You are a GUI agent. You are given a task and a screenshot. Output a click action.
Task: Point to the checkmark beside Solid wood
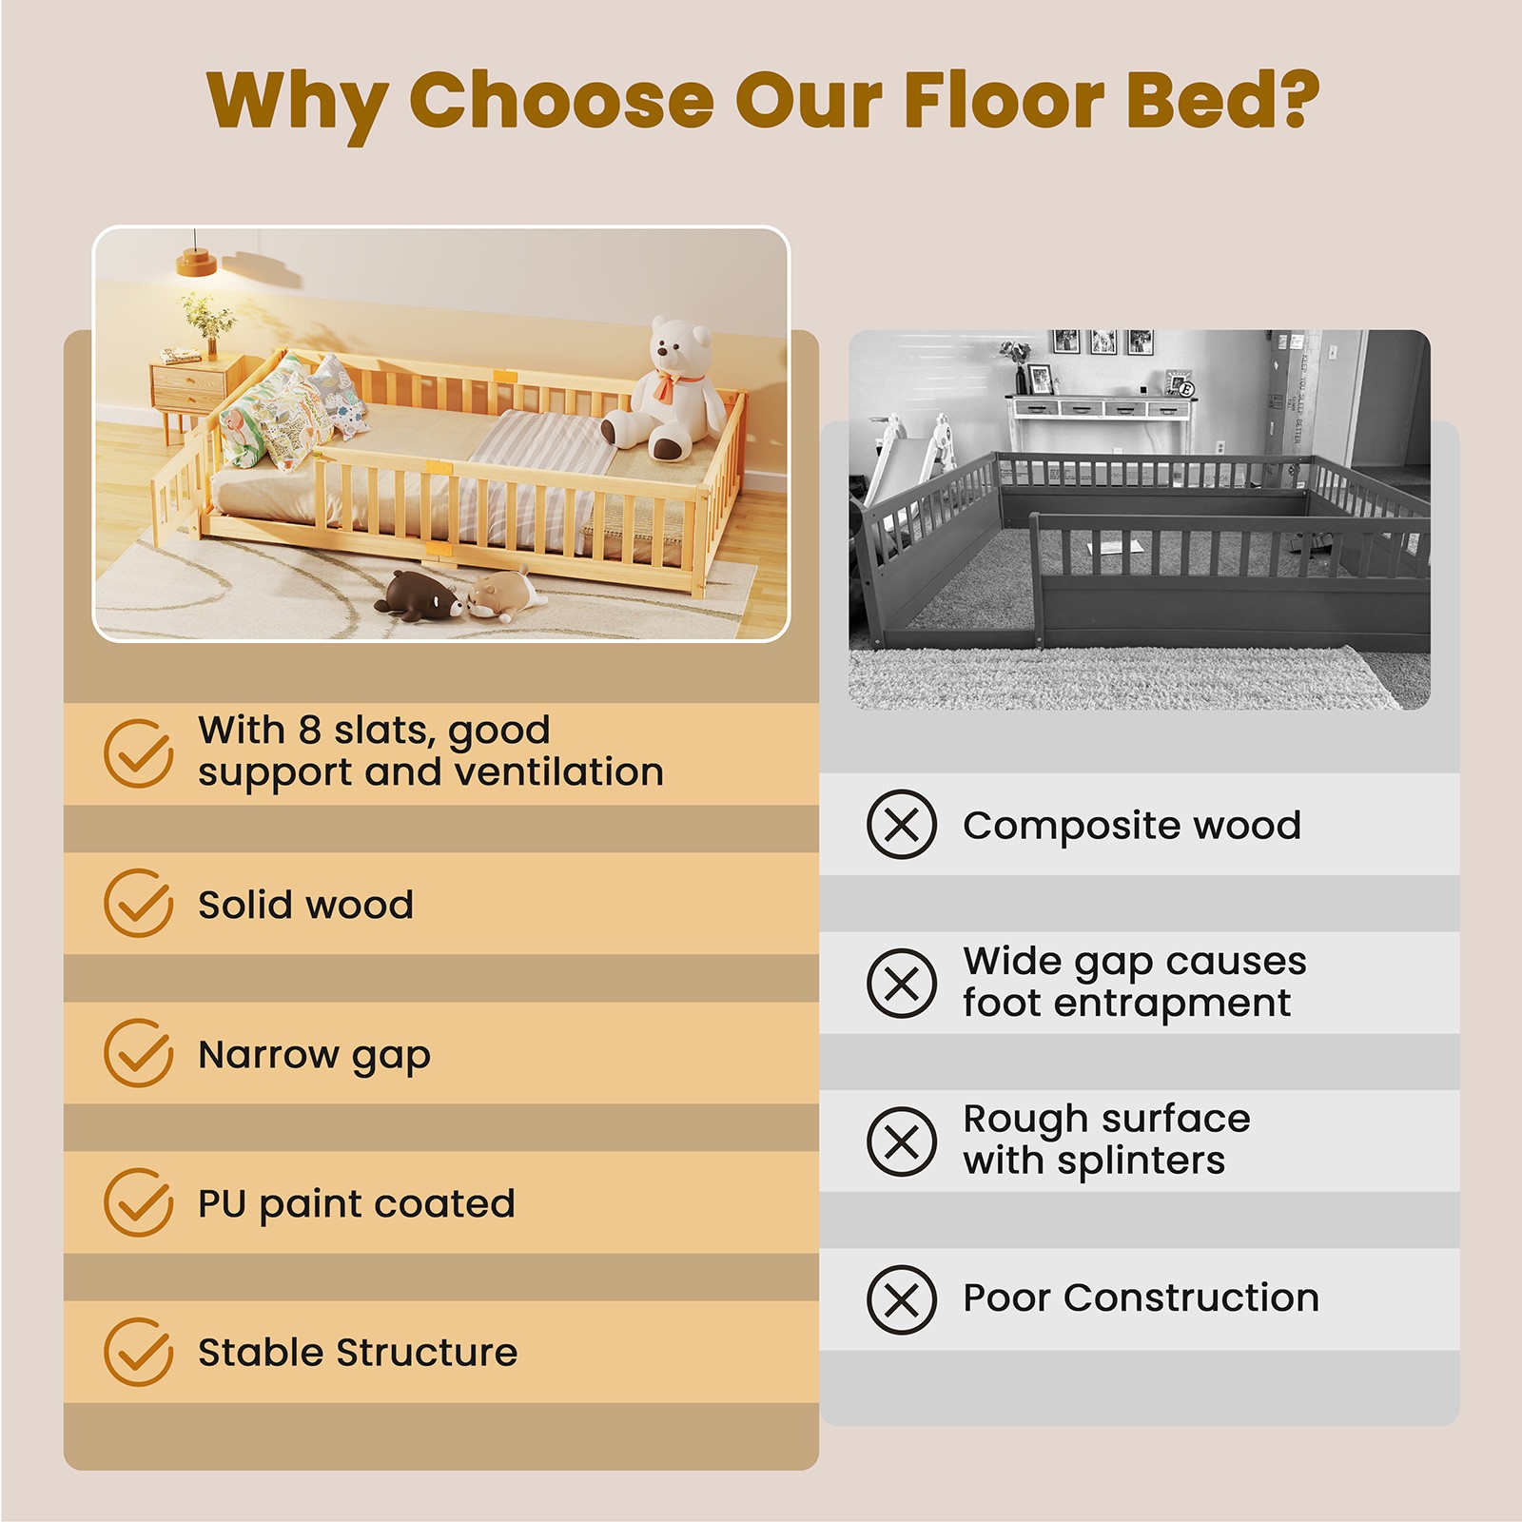pyautogui.click(x=139, y=903)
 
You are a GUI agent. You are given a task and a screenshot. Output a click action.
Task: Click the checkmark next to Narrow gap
pyautogui.click(x=139, y=1053)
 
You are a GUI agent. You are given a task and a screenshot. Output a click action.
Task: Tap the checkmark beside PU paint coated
pyautogui.click(x=139, y=1202)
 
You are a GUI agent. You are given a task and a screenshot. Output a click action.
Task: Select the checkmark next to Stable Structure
pyautogui.click(x=139, y=1352)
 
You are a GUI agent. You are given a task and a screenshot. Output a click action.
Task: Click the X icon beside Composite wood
pyautogui.click(x=902, y=825)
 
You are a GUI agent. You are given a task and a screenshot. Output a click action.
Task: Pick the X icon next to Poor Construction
pyautogui.click(x=902, y=1299)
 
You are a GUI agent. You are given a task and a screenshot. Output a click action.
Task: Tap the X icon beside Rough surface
pyautogui.click(x=902, y=1141)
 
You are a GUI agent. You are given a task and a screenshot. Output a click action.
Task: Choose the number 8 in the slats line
pyautogui.click(x=309, y=731)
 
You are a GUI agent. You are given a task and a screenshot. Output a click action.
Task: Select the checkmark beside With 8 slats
pyautogui.click(x=139, y=753)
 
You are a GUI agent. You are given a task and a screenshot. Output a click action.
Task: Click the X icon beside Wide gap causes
pyautogui.click(x=902, y=983)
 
